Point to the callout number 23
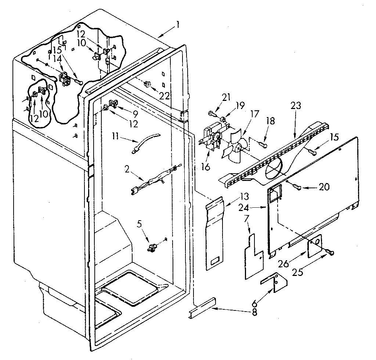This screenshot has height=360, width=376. point(296,106)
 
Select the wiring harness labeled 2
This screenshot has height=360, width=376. point(154,180)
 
